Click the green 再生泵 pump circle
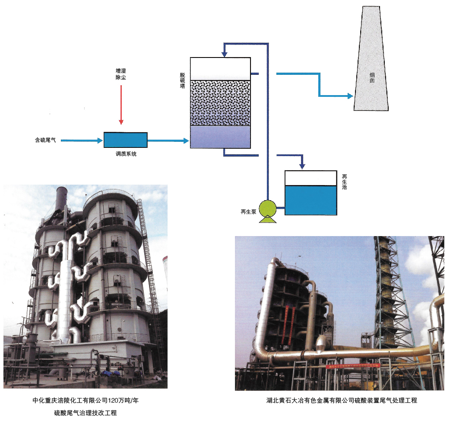click(268, 208)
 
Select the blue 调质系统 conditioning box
click(125, 140)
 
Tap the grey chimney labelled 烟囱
click(371, 58)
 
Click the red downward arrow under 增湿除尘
click(121, 105)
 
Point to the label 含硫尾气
click(45, 140)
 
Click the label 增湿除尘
click(121, 74)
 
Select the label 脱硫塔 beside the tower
click(183, 80)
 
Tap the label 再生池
click(344, 182)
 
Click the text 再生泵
click(248, 212)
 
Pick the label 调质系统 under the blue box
click(126, 154)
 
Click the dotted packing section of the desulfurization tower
click(220, 103)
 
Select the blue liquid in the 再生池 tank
click(311, 200)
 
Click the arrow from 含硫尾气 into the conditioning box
click(82, 141)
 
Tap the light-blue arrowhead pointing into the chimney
click(350, 96)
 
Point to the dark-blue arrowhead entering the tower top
click(225, 54)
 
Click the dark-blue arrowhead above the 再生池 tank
click(302, 166)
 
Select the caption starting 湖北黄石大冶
click(342, 400)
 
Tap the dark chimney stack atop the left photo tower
click(61, 198)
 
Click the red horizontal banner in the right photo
click(353, 366)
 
